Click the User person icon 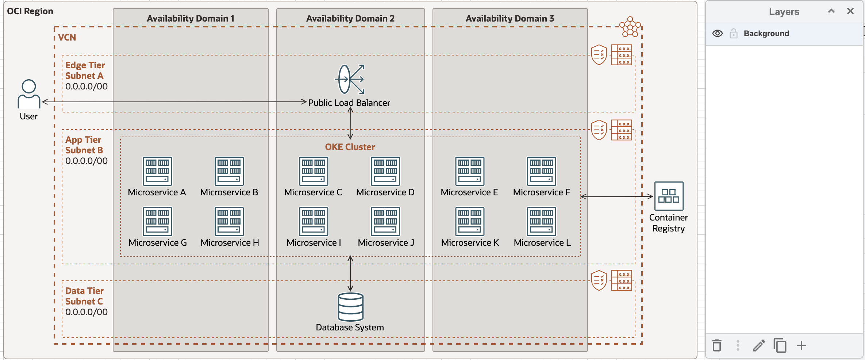click(x=29, y=94)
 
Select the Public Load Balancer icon click(x=350, y=79)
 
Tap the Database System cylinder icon click(x=350, y=307)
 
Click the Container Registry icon click(x=669, y=196)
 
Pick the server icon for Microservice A click(x=157, y=171)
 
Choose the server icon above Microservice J click(x=385, y=222)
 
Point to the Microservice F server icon click(x=542, y=171)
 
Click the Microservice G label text click(x=158, y=243)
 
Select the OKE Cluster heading click(x=350, y=147)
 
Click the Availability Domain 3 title click(x=510, y=19)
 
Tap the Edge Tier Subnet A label click(x=85, y=70)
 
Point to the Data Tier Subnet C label click(x=84, y=296)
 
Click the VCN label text click(x=67, y=38)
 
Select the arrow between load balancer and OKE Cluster click(x=350, y=123)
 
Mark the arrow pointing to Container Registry click(x=617, y=196)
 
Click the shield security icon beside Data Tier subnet click(x=599, y=280)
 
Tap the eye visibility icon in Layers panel click(x=717, y=34)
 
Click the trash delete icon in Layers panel click(x=717, y=345)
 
